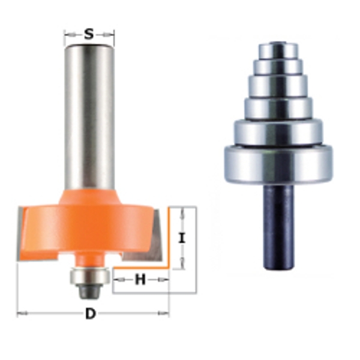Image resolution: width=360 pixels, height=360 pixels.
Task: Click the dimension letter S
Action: click(x=89, y=35)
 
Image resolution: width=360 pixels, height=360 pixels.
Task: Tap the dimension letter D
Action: click(x=91, y=313)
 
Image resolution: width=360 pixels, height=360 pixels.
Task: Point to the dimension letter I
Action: click(x=184, y=238)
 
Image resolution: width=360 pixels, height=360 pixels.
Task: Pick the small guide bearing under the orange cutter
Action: click(x=89, y=275)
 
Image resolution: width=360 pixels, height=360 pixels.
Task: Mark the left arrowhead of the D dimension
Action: click(x=20, y=313)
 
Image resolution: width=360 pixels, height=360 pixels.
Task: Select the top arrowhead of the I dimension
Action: click(x=184, y=209)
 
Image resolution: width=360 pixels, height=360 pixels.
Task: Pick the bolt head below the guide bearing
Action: click(x=89, y=290)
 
